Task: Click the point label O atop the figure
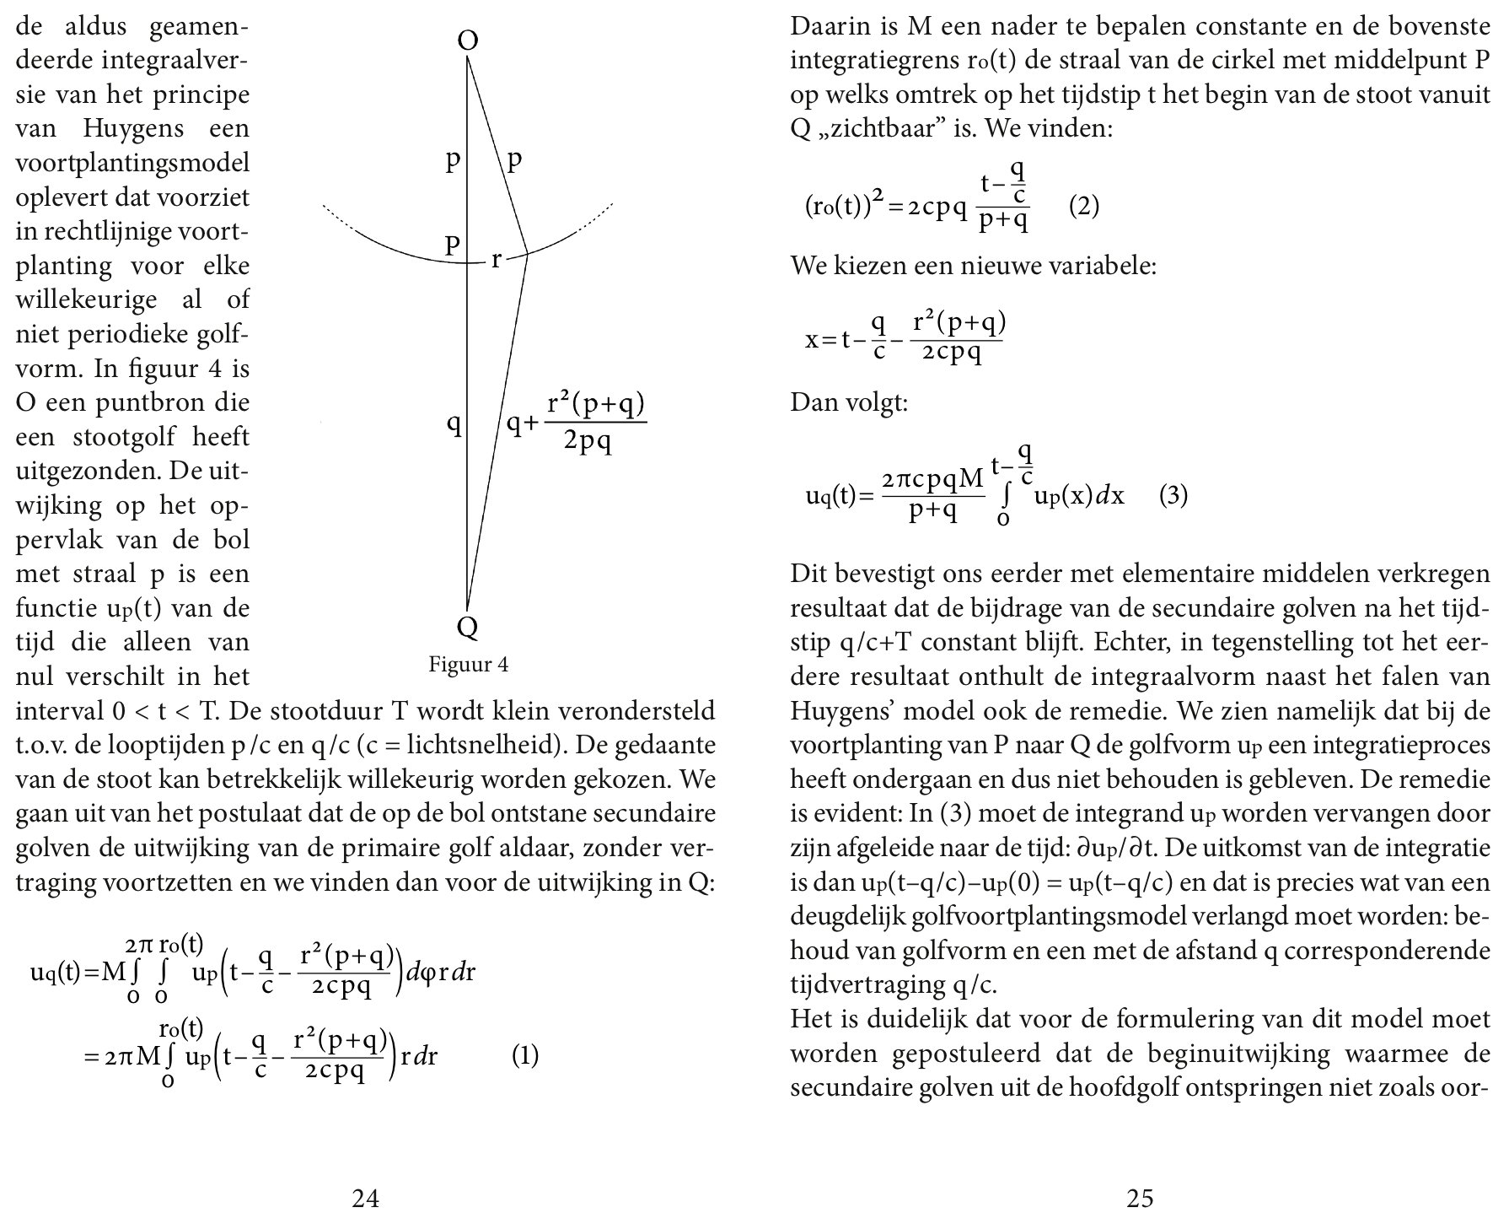point(468,40)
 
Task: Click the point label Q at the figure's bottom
point(467,626)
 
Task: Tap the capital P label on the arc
point(453,245)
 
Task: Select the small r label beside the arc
point(497,260)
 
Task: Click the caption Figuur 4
point(468,665)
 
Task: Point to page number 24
point(365,1197)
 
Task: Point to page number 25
point(1140,1197)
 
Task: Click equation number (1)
point(525,1055)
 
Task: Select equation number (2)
point(1083,207)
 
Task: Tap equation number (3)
point(1173,495)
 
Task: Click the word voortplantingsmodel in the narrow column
point(132,163)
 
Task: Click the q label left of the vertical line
point(454,423)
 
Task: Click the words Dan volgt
point(849,402)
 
